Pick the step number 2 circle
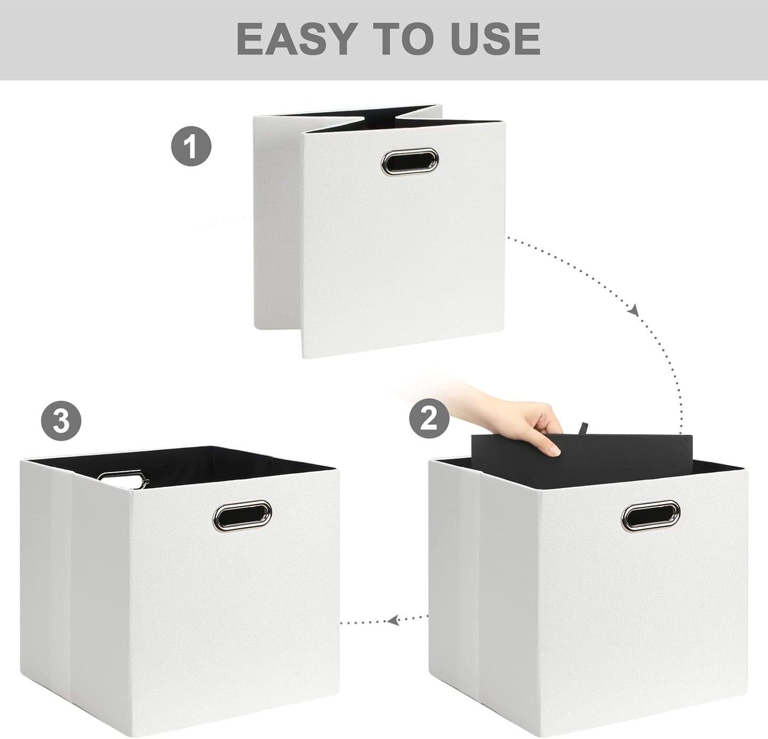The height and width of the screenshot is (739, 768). point(429,418)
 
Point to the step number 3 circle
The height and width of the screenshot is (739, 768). point(61,421)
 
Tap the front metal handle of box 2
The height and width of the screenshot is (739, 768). point(651,515)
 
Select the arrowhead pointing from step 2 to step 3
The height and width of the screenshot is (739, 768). point(393,619)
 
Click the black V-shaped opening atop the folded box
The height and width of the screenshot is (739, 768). point(372,118)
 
